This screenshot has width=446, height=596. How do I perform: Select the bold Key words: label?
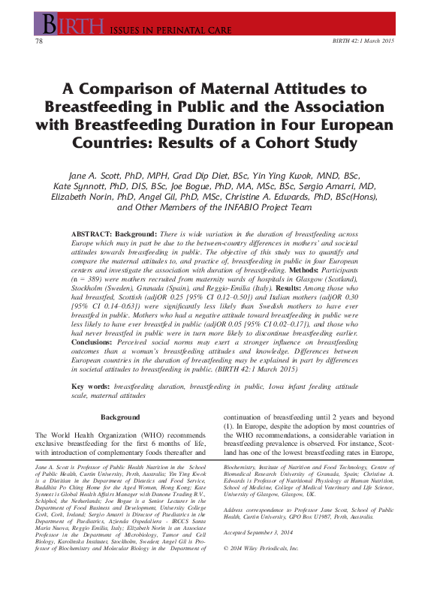pyautogui.click(x=91, y=385)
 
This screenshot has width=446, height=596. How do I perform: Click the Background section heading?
pyautogui.click(x=120, y=417)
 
